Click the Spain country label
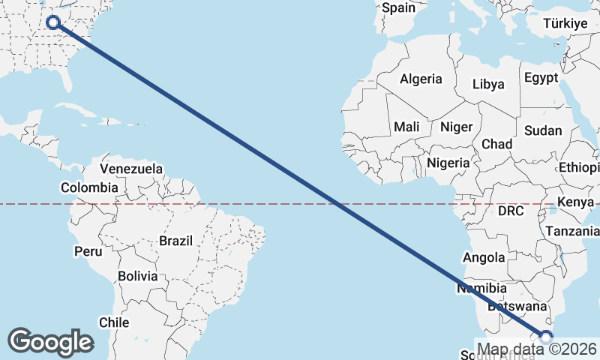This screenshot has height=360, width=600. pos(398,8)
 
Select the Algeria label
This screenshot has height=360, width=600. pos(421,79)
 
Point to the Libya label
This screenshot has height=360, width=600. pos(488,85)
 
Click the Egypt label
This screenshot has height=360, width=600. pos(541,78)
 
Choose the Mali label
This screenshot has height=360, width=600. pos(406,127)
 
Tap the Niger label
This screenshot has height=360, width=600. pos(456,127)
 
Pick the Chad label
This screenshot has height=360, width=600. pos(496,144)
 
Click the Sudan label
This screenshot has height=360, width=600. pos(543,130)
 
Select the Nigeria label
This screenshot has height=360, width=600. pos(448,163)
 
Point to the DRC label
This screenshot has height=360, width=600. pos(511,211)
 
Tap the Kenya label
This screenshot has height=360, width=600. pos(575,202)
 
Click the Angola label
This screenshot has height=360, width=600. pos(484,258)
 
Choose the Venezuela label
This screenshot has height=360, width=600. pos(130,169)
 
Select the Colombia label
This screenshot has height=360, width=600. pos(89,187)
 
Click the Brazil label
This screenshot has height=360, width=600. pos(175,241)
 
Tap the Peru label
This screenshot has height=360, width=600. pos(88,251)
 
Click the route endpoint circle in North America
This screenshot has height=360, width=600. pos(53,22)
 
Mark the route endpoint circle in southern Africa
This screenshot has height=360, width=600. pos(546,337)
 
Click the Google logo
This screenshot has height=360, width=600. pos(50,342)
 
